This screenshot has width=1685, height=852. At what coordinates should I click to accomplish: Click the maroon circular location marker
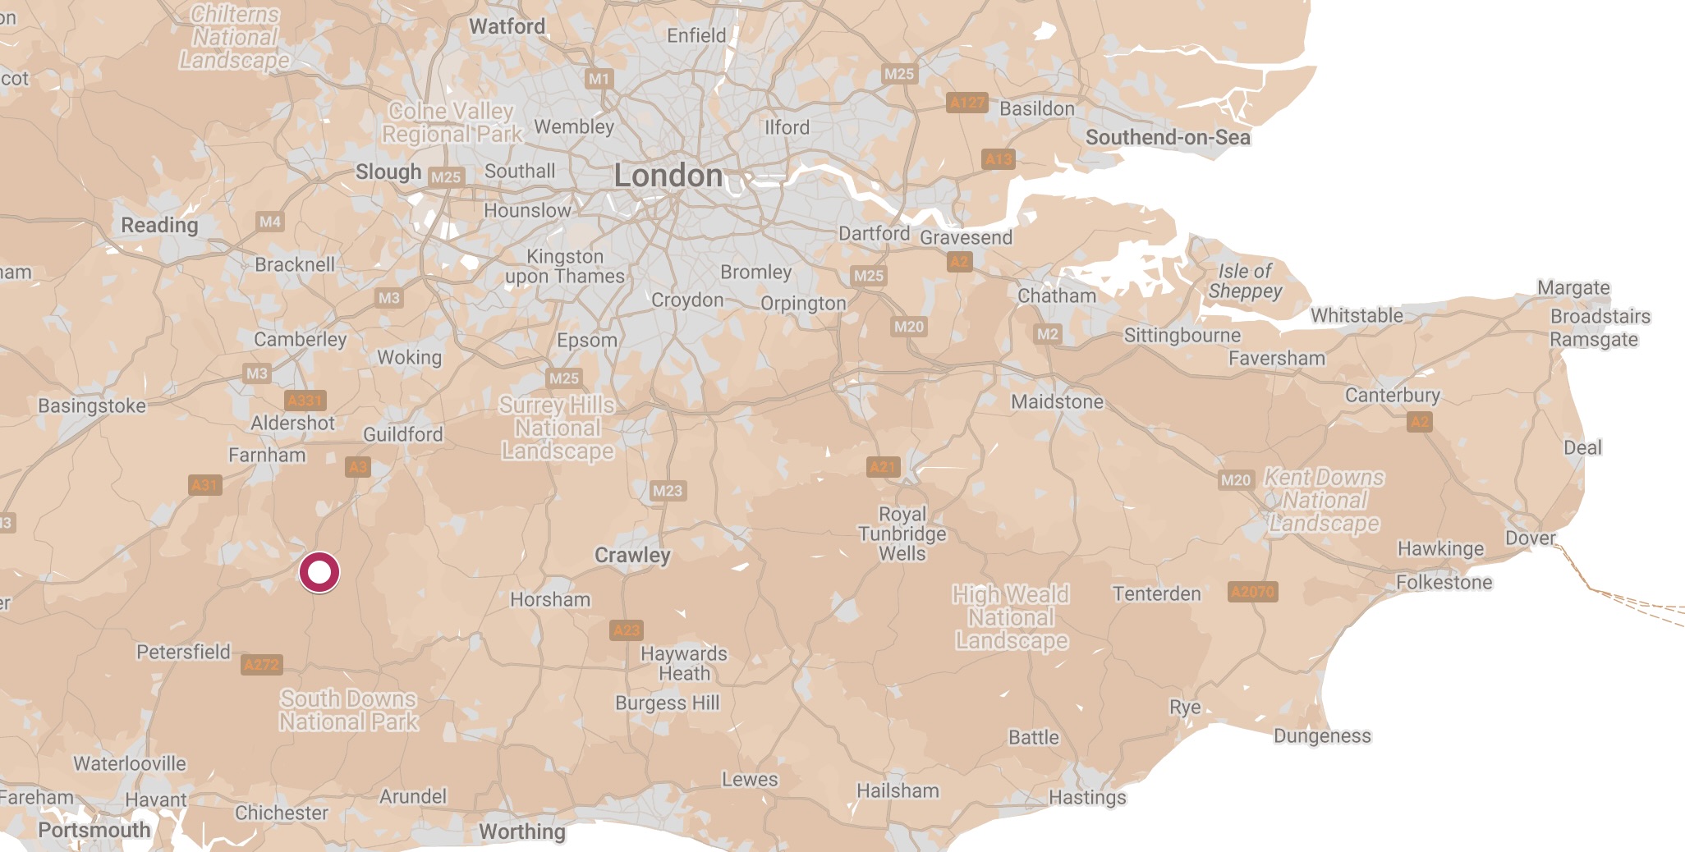pyautogui.click(x=319, y=572)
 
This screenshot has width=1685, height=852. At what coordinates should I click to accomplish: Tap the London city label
pyautogui.click(x=668, y=176)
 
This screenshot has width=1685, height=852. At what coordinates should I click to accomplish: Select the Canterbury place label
pyautogui.click(x=1392, y=396)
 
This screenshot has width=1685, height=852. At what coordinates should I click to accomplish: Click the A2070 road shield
pyautogui.click(x=1252, y=591)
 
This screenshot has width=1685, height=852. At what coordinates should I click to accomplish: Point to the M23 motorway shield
pyautogui.click(x=667, y=491)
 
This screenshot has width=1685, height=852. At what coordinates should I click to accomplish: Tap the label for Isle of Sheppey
pyautogui.click(x=1245, y=281)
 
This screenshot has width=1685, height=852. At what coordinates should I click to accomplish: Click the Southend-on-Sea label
pyautogui.click(x=1167, y=137)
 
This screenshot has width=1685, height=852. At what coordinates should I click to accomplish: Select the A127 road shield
pyautogui.click(x=966, y=103)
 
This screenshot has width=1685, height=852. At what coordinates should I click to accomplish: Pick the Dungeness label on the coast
pyautogui.click(x=1321, y=736)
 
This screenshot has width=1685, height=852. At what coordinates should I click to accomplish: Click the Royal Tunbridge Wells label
pyautogui.click(x=902, y=534)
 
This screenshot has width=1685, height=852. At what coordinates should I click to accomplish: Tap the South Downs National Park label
pyautogui.click(x=348, y=710)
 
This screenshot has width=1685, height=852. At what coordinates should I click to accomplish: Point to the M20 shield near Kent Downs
pyautogui.click(x=1235, y=480)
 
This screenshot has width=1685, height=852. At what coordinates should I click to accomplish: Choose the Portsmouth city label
pyautogui.click(x=94, y=830)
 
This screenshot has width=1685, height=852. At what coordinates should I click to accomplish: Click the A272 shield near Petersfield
pyautogui.click(x=262, y=665)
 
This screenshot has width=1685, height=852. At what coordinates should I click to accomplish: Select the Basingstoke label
pyautogui.click(x=92, y=405)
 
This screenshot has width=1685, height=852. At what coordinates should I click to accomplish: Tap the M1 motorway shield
pyautogui.click(x=599, y=79)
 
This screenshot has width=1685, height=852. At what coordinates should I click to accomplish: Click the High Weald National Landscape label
pyautogui.click(x=1011, y=617)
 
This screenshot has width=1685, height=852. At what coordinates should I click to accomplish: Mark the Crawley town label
pyautogui.click(x=632, y=556)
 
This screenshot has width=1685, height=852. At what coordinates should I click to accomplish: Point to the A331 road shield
pyautogui.click(x=305, y=401)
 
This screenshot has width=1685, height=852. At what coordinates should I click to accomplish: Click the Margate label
pyautogui.click(x=1573, y=288)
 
